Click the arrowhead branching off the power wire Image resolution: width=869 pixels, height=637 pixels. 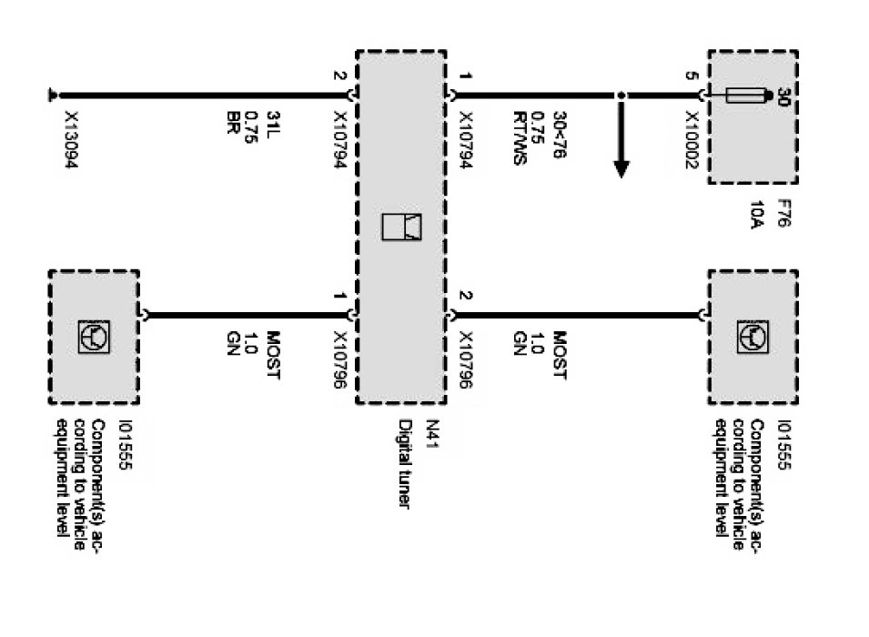(x=621, y=168)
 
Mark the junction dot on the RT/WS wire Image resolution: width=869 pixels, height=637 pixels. (x=621, y=95)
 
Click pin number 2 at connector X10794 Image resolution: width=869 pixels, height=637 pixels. (x=339, y=77)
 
